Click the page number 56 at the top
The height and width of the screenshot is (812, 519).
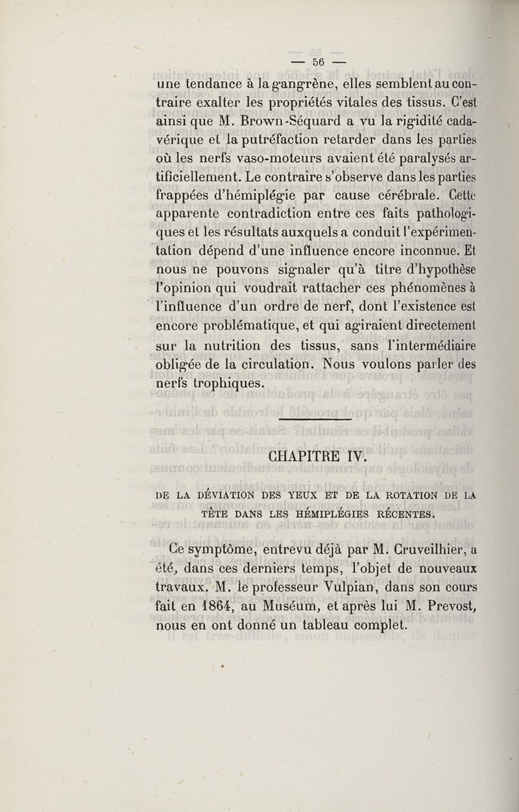[x=317, y=63]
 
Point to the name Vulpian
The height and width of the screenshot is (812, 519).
[x=350, y=588]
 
